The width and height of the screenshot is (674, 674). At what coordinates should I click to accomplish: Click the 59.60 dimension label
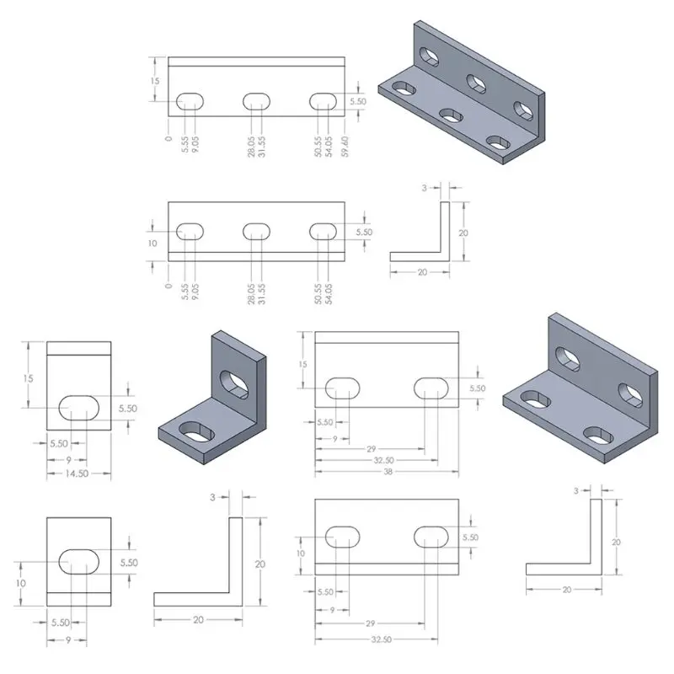tap(345, 147)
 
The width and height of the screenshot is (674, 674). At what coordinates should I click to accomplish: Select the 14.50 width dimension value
tap(77, 473)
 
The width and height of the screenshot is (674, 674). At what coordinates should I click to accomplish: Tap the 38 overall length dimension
tap(388, 472)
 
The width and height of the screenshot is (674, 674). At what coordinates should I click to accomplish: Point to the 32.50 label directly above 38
tap(383, 460)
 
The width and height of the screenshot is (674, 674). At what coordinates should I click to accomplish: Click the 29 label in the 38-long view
tap(371, 449)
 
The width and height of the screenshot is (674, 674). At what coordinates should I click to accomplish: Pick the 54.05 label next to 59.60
tap(329, 147)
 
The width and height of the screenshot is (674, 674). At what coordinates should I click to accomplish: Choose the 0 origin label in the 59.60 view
tap(168, 138)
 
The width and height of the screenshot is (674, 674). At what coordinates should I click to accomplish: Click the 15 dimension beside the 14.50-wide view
tap(28, 378)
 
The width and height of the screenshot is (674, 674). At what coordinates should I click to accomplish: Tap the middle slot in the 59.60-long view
tap(257, 102)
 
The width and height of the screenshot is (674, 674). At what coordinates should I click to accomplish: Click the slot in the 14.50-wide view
tap(78, 408)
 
